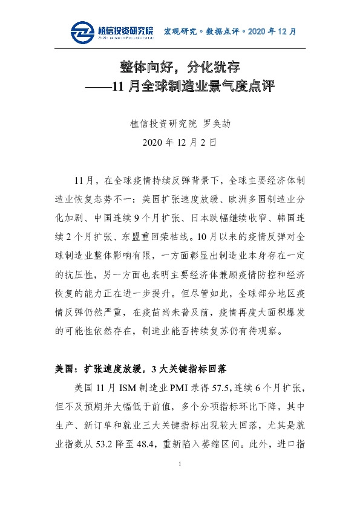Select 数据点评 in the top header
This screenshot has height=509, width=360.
point(222,31)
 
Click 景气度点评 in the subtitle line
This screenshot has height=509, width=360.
point(241,86)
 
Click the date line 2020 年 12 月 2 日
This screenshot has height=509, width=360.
point(180,143)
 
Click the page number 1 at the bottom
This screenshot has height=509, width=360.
point(180,480)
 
